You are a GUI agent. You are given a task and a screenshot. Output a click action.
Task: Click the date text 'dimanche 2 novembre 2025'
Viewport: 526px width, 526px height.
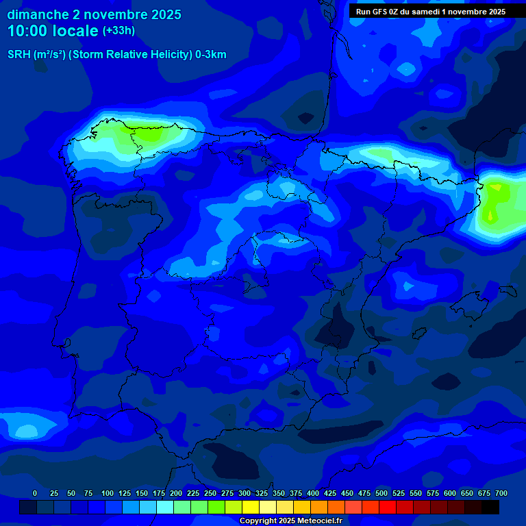pos(94,14)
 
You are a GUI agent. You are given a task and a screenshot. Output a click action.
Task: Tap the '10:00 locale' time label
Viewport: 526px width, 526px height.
pos(53,31)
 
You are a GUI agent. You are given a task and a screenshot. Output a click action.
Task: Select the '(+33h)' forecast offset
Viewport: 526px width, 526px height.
pos(118,31)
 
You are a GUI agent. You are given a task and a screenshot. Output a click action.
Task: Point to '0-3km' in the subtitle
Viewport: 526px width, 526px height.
pos(211,55)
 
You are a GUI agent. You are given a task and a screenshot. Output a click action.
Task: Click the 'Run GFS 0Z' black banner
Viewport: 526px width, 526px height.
pos(431,12)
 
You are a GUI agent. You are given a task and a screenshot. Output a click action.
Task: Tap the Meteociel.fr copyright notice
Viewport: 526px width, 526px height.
pos(290,521)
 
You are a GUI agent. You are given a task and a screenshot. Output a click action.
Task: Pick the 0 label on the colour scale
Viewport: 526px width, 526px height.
pos(35,493)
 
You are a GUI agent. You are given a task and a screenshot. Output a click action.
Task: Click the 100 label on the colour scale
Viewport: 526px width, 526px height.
pos(108,493)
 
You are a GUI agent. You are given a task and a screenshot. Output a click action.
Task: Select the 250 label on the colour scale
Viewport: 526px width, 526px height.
pos(210,493)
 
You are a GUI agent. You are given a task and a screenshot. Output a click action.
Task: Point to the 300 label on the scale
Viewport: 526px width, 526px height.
pos(245,493)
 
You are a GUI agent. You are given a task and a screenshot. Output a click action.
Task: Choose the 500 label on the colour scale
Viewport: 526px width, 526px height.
pos(381,493)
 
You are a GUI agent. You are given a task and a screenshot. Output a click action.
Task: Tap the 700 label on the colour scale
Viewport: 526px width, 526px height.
pos(501,493)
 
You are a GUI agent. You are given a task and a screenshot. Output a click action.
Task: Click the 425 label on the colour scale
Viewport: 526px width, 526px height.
pos(330,493)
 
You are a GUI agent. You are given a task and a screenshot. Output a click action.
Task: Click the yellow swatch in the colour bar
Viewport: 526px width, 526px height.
pos(251,507)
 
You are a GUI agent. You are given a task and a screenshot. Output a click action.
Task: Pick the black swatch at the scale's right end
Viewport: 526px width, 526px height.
pos(490,507)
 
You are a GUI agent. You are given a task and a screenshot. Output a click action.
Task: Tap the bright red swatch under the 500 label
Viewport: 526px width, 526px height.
pos(388,507)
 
